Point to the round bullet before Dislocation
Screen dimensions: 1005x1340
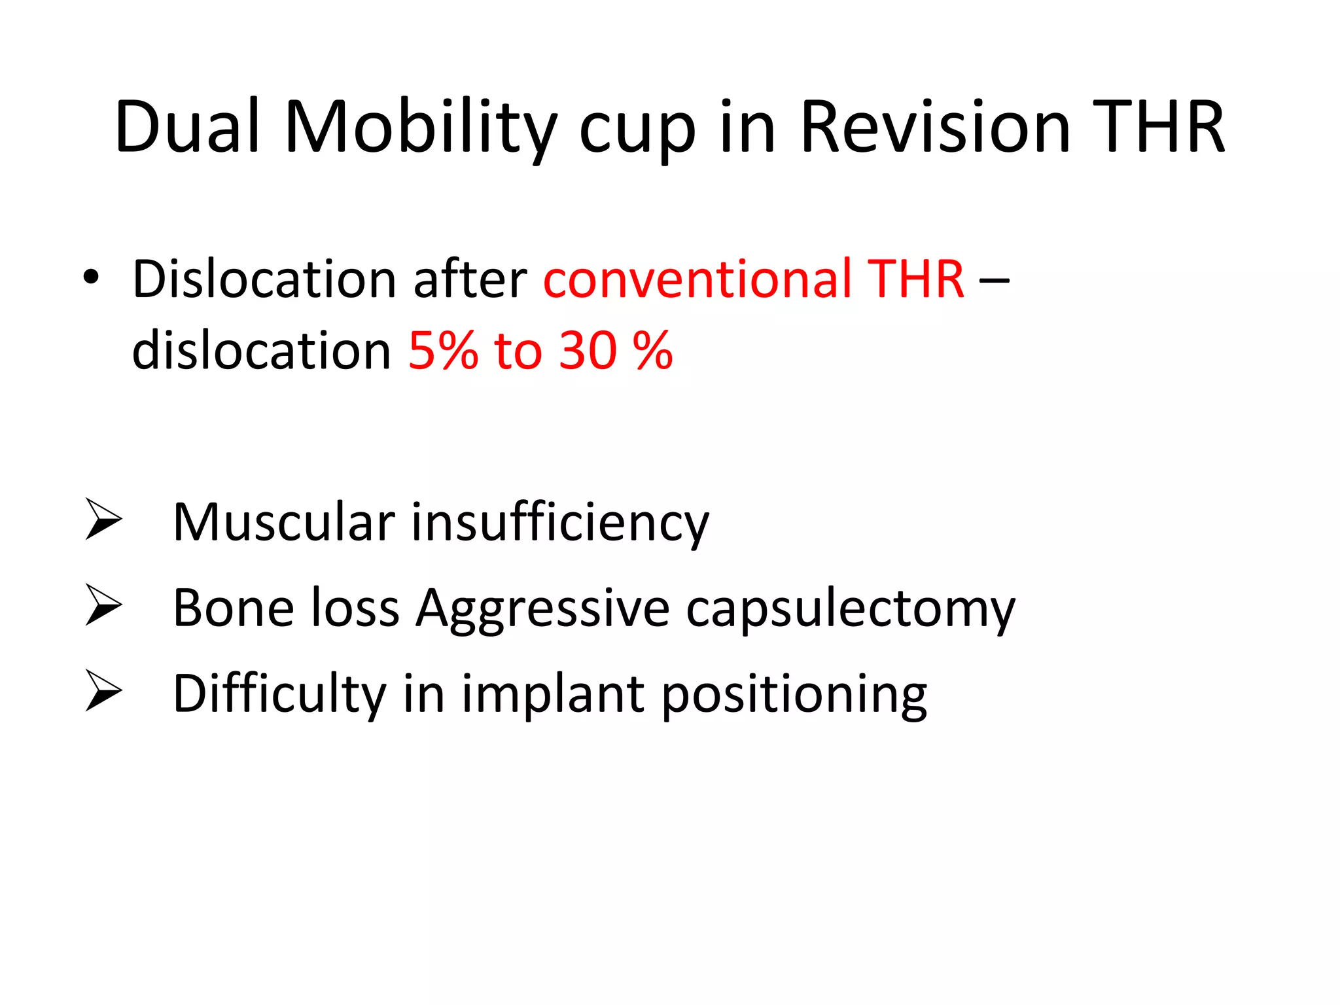[91, 278]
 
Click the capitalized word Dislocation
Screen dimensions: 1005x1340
[264, 279]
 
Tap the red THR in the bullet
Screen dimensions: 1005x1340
[915, 279]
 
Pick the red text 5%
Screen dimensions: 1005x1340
[443, 351]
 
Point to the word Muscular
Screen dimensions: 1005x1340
[283, 522]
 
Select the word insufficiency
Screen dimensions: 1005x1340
[560, 522]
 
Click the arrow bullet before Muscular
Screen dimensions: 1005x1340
[103, 520]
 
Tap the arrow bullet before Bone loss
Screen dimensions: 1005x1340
[103, 605]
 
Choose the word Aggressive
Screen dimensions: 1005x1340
[543, 608]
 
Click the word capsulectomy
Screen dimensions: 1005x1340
[851, 608]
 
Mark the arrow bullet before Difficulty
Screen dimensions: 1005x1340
[103, 691]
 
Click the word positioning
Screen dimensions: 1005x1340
[794, 694]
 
